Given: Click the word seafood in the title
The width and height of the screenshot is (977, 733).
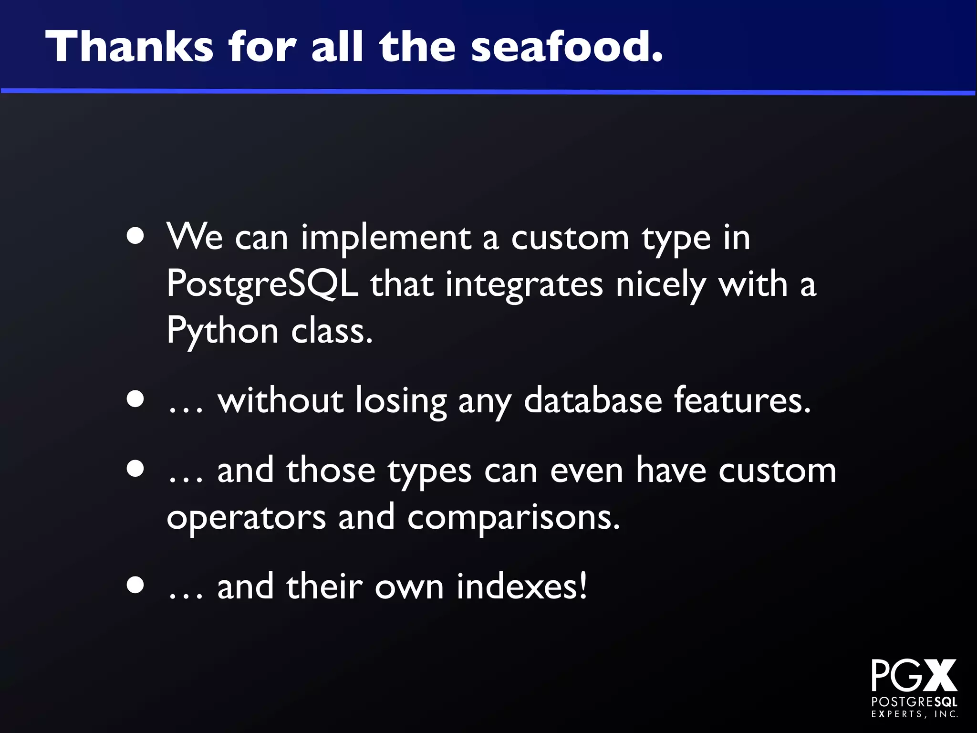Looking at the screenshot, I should pos(567,47).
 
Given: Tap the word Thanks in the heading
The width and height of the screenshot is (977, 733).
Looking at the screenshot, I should pos(129,47).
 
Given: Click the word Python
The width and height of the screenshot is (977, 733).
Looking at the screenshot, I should pos(222,331).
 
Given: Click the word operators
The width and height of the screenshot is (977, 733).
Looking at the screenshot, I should pos(246,517).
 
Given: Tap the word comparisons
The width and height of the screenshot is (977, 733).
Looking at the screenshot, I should pos(513,517).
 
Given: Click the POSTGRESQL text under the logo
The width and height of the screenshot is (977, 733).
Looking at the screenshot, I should pos(914,702).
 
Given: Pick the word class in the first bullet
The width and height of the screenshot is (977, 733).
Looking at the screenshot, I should pos(332,331).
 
